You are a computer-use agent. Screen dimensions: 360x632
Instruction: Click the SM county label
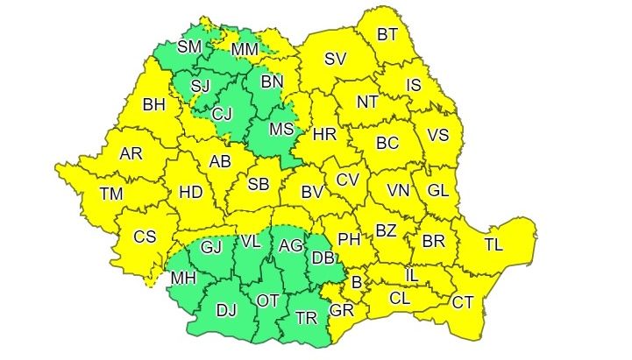[189, 46]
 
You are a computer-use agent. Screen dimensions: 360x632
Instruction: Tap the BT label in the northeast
[388, 35]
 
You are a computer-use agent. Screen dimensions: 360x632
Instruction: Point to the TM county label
[111, 194]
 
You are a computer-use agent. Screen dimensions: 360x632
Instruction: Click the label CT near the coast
[463, 302]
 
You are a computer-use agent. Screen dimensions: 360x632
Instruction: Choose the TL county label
[494, 244]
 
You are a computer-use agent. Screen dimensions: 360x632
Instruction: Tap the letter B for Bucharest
[357, 282]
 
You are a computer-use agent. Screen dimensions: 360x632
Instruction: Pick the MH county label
[183, 279]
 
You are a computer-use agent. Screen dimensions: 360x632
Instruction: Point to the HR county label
[324, 135]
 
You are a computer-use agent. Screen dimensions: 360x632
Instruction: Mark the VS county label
[437, 136]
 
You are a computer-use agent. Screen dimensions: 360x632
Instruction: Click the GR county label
[341, 310]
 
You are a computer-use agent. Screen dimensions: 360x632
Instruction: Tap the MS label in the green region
[280, 130]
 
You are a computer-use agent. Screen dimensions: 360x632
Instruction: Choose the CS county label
[145, 236]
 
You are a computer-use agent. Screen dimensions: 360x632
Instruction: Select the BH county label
[154, 105]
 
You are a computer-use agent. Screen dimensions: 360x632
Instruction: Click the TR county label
[306, 318]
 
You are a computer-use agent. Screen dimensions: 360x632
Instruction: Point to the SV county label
[336, 60]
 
